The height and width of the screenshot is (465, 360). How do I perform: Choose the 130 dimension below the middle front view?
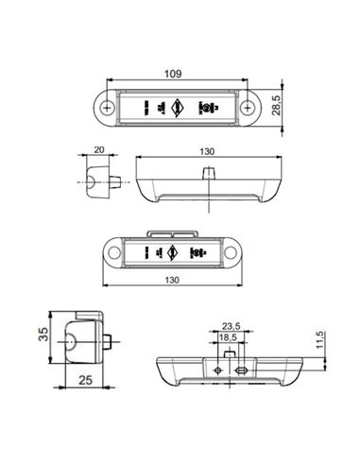click(x=174, y=281)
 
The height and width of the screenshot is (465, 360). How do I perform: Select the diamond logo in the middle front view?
click(x=174, y=253)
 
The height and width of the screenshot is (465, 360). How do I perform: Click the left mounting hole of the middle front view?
click(x=116, y=253)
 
